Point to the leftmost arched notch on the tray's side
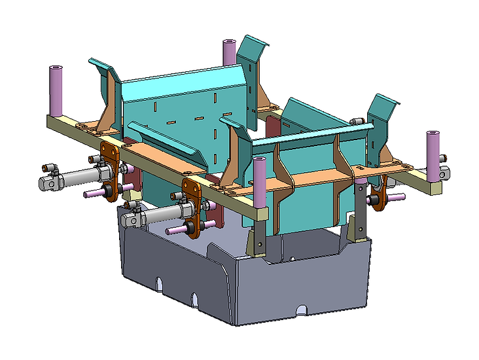(157, 282)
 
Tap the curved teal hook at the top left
(101, 65)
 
